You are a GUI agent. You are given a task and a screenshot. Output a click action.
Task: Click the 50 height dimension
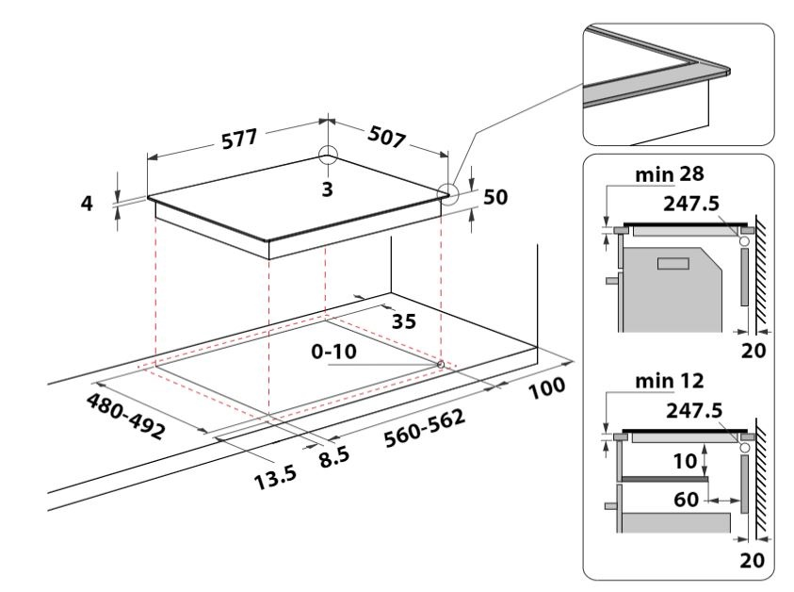(x=495, y=197)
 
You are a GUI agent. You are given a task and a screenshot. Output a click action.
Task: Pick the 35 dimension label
(x=403, y=321)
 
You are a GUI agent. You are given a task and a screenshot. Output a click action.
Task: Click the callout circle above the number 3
(x=327, y=156)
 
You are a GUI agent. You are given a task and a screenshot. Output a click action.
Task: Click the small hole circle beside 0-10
(x=441, y=363)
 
